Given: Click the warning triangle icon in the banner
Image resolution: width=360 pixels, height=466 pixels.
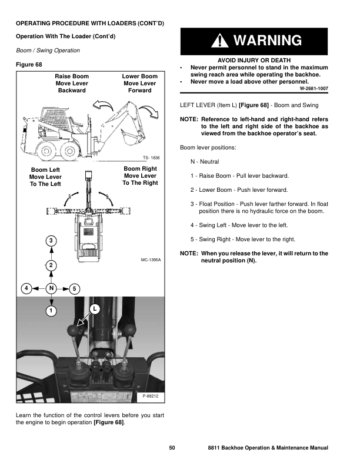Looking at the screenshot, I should (218, 41).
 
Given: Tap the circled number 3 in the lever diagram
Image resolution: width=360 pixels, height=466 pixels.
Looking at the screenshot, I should (51, 241).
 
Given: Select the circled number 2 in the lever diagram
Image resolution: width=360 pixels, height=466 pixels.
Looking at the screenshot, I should (51, 266).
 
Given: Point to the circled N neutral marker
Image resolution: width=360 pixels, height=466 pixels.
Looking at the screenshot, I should (51, 288).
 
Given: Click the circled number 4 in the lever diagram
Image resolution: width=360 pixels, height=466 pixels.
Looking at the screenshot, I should (26, 288).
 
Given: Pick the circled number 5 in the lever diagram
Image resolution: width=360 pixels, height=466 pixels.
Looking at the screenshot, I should (74, 288).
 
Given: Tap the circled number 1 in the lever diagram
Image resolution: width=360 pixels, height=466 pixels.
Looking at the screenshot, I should (51, 310).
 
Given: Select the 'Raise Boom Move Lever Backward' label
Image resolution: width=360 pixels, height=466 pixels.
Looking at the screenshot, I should (72, 84).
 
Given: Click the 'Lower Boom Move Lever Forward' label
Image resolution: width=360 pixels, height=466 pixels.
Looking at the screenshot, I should (140, 84).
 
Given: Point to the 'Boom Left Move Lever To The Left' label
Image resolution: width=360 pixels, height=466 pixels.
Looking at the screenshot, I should (45, 177).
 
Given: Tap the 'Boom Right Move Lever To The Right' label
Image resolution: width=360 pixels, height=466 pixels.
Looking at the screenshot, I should (140, 175).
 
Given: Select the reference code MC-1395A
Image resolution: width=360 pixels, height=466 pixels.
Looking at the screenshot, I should (151, 259).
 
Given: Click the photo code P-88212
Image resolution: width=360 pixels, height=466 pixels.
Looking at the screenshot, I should (151, 397).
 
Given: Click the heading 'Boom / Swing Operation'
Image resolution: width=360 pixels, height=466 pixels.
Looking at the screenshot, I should (48, 51).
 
